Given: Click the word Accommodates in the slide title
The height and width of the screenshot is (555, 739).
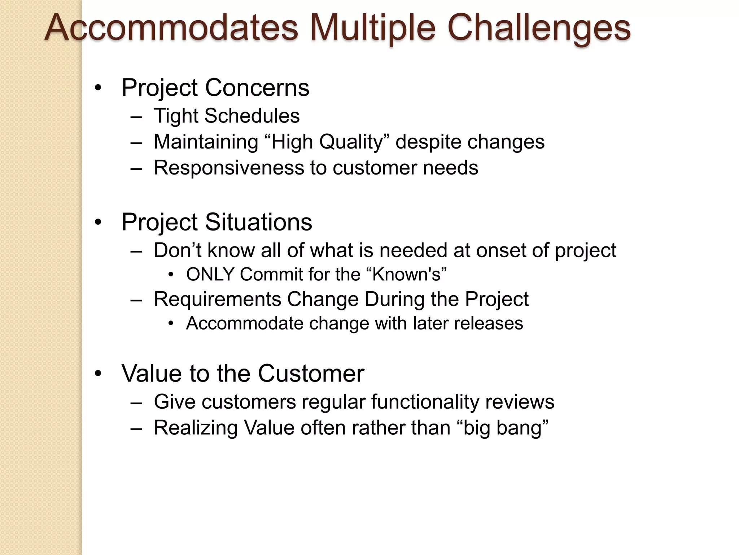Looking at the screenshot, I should click(171, 28).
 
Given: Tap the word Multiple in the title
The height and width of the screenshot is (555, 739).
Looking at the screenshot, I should click(372, 28).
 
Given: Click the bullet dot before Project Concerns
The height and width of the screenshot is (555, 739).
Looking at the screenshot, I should click(98, 88).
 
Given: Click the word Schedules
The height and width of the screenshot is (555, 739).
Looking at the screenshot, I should click(252, 116).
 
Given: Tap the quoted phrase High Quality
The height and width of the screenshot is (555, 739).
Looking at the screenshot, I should click(327, 142).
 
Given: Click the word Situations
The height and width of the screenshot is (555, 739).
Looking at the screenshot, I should click(258, 222).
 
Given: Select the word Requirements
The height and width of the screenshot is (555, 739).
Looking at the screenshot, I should click(218, 299).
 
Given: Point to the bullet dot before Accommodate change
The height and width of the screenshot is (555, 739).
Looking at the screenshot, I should click(171, 323).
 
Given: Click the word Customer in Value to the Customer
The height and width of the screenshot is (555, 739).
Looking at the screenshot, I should click(311, 373).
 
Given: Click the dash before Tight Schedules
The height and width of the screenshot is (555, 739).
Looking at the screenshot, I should click(136, 117).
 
